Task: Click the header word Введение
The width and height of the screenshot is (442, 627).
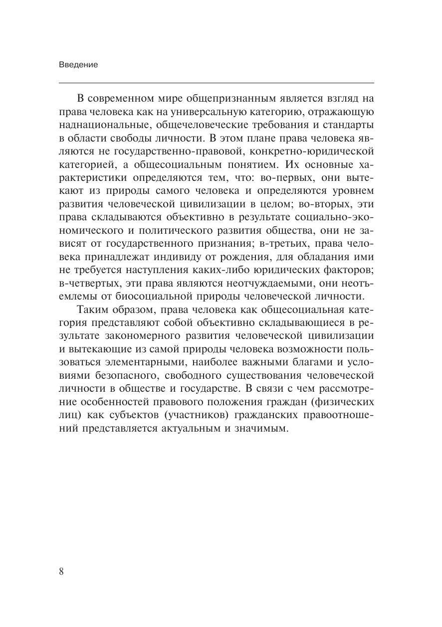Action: tap(78, 65)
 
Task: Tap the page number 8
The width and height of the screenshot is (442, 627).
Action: tap(61, 571)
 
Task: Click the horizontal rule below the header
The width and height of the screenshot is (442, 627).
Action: tap(216, 83)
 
